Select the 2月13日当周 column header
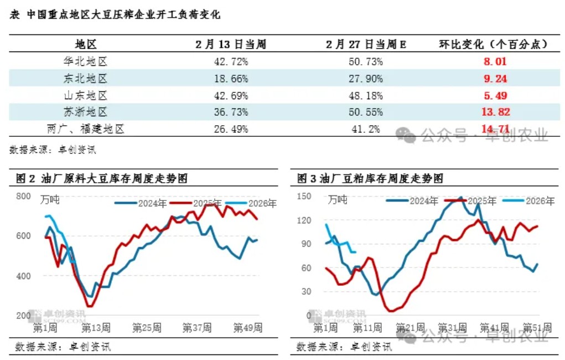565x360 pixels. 231,44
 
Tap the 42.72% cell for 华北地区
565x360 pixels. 231,61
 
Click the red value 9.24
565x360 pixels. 494,79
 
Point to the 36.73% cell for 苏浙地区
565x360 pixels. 231,112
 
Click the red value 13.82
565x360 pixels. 494,112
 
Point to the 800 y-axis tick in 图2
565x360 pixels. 23,196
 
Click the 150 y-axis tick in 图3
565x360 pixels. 305,196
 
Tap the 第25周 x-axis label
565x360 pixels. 147,328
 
